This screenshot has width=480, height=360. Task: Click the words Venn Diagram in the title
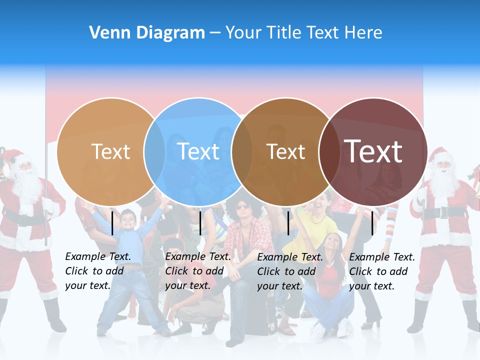pyautogui.click(x=147, y=33)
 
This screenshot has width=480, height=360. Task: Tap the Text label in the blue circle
pyautogui.click(x=198, y=151)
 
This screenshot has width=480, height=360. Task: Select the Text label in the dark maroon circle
pyautogui.click(x=373, y=151)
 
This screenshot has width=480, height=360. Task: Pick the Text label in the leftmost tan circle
pyautogui.click(x=111, y=151)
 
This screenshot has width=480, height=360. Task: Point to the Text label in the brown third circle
pyautogui.click(x=286, y=151)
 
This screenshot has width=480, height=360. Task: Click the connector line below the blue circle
pyautogui.click(x=200, y=223)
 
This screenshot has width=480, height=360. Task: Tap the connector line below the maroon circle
pyautogui.click(x=372, y=223)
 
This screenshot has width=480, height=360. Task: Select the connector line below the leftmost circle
pyautogui.click(x=112, y=223)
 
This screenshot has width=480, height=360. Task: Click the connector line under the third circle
pyautogui.click(x=288, y=223)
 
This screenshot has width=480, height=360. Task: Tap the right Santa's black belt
pyautogui.click(x=442, y=212)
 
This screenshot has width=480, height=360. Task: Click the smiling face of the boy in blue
pyautogui.click(x=128, y=220)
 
